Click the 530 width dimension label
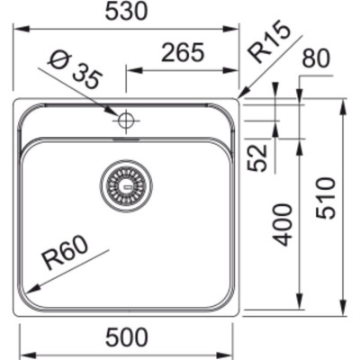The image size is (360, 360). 127,12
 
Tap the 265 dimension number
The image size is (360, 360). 183,52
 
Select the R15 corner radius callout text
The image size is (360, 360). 269,41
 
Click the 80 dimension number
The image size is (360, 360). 316,58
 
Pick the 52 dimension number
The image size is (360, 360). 257,157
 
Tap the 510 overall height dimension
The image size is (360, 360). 325,198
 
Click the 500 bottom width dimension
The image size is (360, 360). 127,337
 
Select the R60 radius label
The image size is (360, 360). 66,253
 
